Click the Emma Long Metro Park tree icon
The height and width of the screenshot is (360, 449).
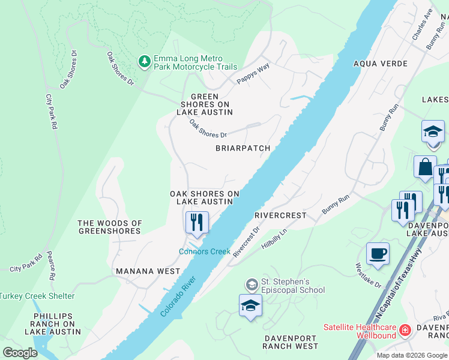tap(144, 61)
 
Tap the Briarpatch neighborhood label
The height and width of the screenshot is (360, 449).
tap(243, 148)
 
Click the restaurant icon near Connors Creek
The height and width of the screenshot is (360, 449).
tap(197, 223)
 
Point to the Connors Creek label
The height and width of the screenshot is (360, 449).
tap(205, 251)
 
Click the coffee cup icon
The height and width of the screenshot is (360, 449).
tap(378, 254)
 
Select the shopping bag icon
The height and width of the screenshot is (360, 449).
tap(425, 167)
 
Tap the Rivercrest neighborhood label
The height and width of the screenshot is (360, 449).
tap(280, 215)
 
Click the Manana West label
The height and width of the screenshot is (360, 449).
tap(148, 271)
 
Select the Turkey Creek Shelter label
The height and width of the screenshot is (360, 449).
tap(37, 296)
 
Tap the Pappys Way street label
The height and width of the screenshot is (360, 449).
tap(253, 74)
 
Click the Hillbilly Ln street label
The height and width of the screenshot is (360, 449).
tap(274, 238)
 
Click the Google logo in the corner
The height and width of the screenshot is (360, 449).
tap(20, 353)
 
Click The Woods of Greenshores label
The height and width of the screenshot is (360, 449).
tap(110, 227)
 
